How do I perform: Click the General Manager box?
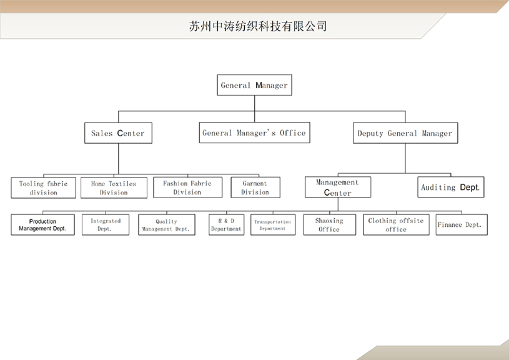[x=254, y=85]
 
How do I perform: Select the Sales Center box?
[x=118, y=133]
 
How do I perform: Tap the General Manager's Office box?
[x=254, y=132]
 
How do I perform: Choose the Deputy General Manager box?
[x=405, y=133]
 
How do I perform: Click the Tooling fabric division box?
[x=43, y=188]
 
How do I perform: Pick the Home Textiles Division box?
[x=114, y=188]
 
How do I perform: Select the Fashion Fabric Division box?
[x=187, y=187]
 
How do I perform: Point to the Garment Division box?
[x=255, y=187]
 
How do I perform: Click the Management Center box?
[x=337, y=187]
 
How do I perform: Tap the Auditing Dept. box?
[x=450, y=187]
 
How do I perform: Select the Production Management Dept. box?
[x=42, y=225]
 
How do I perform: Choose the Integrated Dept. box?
[x=106, y=225]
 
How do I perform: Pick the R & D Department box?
[x=226, y=225]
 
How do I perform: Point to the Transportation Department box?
[x=272, y=225]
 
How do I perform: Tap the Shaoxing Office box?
[x=329, y=225]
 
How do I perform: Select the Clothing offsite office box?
[x=396, y=225]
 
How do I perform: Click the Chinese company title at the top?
[x=257, y=27]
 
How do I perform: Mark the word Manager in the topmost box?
[x=272, y=85]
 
